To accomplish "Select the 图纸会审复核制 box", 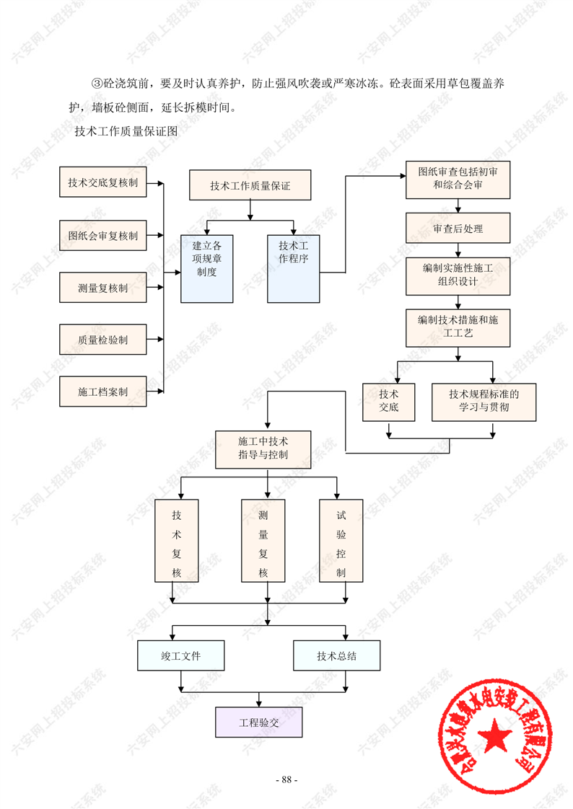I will [102, 235].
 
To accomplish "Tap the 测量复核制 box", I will [102, 288].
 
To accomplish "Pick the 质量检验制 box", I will [102, 340].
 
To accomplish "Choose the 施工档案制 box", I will [102, 392].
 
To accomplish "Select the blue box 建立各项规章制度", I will [206, 268].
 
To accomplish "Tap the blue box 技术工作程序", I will [293, 268].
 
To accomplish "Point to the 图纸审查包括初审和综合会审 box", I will [458, 180].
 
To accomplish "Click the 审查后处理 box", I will [458, 229].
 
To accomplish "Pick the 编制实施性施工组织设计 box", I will [458, 275].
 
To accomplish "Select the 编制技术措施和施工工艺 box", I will [458, 327].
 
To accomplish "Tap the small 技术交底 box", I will [389, 402].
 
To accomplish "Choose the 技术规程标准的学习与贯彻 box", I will [484, 402].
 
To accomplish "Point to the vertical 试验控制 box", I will [341, 541].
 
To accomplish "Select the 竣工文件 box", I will [180, 656].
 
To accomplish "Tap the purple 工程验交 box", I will [258, 722].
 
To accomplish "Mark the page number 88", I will [286, 779].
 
